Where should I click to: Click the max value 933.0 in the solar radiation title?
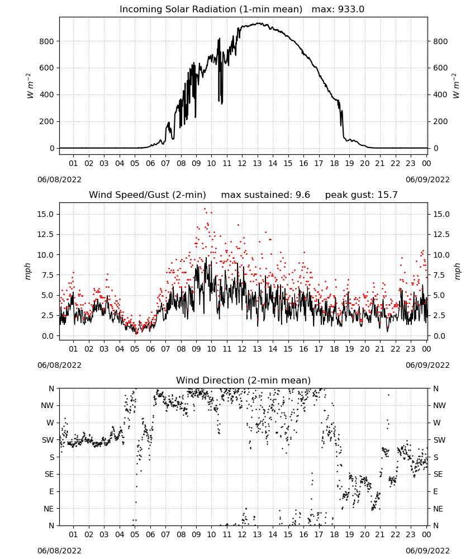coord(351,10)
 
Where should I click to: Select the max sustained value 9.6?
coord(303,195)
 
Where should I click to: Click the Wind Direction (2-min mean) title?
coord(244,380)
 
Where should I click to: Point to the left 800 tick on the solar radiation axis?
coord(46,41)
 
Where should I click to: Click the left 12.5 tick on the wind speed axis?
coord(45,235)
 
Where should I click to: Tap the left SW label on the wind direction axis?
coord(48,440)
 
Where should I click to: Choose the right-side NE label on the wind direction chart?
coord(438,509)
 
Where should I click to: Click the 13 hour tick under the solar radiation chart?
coord(257,163)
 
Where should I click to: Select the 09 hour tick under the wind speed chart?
coord(196,349)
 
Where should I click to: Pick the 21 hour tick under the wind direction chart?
coord(380,534)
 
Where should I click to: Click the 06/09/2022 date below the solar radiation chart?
coord(427,179)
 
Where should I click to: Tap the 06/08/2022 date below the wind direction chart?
coord(59,551)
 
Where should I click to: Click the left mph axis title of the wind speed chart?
coord(28,271)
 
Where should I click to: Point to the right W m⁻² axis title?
coord(456,86)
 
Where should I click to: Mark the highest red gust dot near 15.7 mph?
coord(205,209)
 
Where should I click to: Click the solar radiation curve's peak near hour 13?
coord(258,23)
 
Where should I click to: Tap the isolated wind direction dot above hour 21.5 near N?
coord(388,395)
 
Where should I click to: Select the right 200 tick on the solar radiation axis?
coord(440,121)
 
